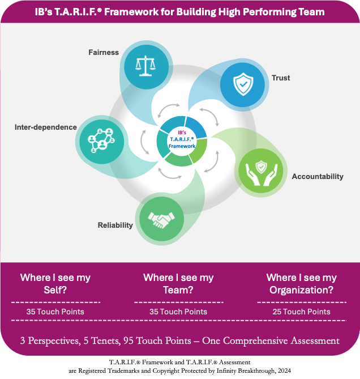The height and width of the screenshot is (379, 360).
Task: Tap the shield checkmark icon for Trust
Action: [242, 86]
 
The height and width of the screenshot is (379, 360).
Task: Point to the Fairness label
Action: [104, 53]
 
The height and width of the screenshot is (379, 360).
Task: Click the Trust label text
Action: [281, 78]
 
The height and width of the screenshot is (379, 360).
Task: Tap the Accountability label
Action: [318, 177]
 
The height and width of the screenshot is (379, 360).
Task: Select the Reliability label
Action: [114, 225]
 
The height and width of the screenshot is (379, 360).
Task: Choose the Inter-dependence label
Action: [46, 127]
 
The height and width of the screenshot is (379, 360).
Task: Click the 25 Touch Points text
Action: [302, 312]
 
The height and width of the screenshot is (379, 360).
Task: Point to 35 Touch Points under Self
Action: [55, 312]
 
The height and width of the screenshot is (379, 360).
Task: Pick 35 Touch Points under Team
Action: [178, 312]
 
